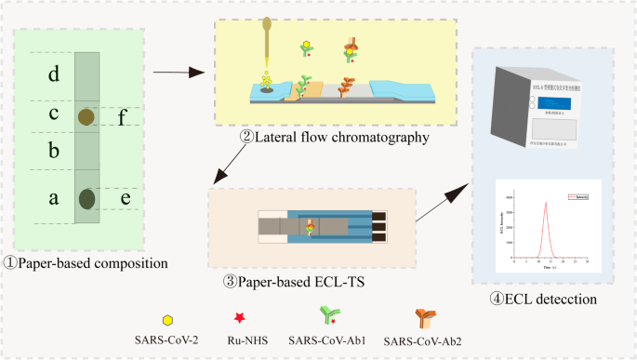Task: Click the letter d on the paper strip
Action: click(54, 73)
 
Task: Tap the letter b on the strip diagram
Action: click(54, 150)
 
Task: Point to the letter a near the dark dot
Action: click(54, 197)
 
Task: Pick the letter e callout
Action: click(125, 197)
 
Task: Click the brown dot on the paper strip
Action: click(86, 116)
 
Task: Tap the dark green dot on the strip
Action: click(87, 197)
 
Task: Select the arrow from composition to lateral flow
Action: click(178, 71)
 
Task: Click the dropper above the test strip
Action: click(265, 37)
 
